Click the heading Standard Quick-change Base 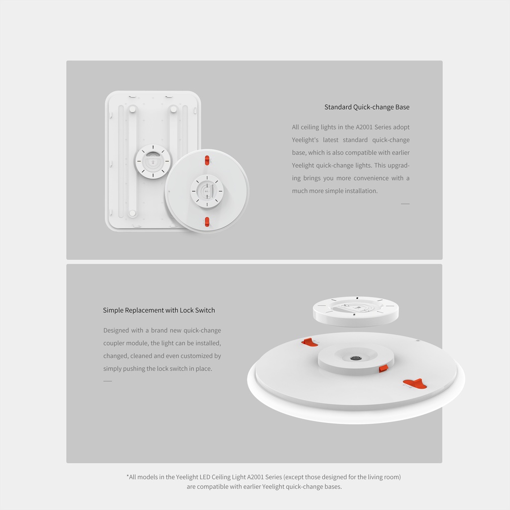pyautogui.click(x=367, y=107)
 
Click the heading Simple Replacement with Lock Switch pyautogui.click(x=159, y=310)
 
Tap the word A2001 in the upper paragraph pyautogui.click(x=364, y=127)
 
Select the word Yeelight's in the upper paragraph pyautogui.click(x=305, y=140)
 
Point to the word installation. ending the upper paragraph pyautogui.click(x=361, y=191)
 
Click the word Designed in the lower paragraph pyautogui.click(x=116, y=331)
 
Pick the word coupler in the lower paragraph pyautogui.click(x=114, y=343)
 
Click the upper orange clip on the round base pyautogui.click(x=207, y=160)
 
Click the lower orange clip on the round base pyautogui.click(x=207, y=222)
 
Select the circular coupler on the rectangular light pyautogui.click(x=152, y=161)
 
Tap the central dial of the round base pyautogui.click(x=207, y=191)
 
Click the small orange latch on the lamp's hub pyautogui.click(x=383, y=368)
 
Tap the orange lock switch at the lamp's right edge pyautogui.click(x=415, y=383)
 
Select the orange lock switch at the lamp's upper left pyautogui.click(x=309, y=342)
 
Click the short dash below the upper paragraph pyautogui.click(x=405, y=204)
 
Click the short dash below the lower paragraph pyautogui.click(x=108, y=381)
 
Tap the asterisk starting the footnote pyautogui.click(x=127, y=476)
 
